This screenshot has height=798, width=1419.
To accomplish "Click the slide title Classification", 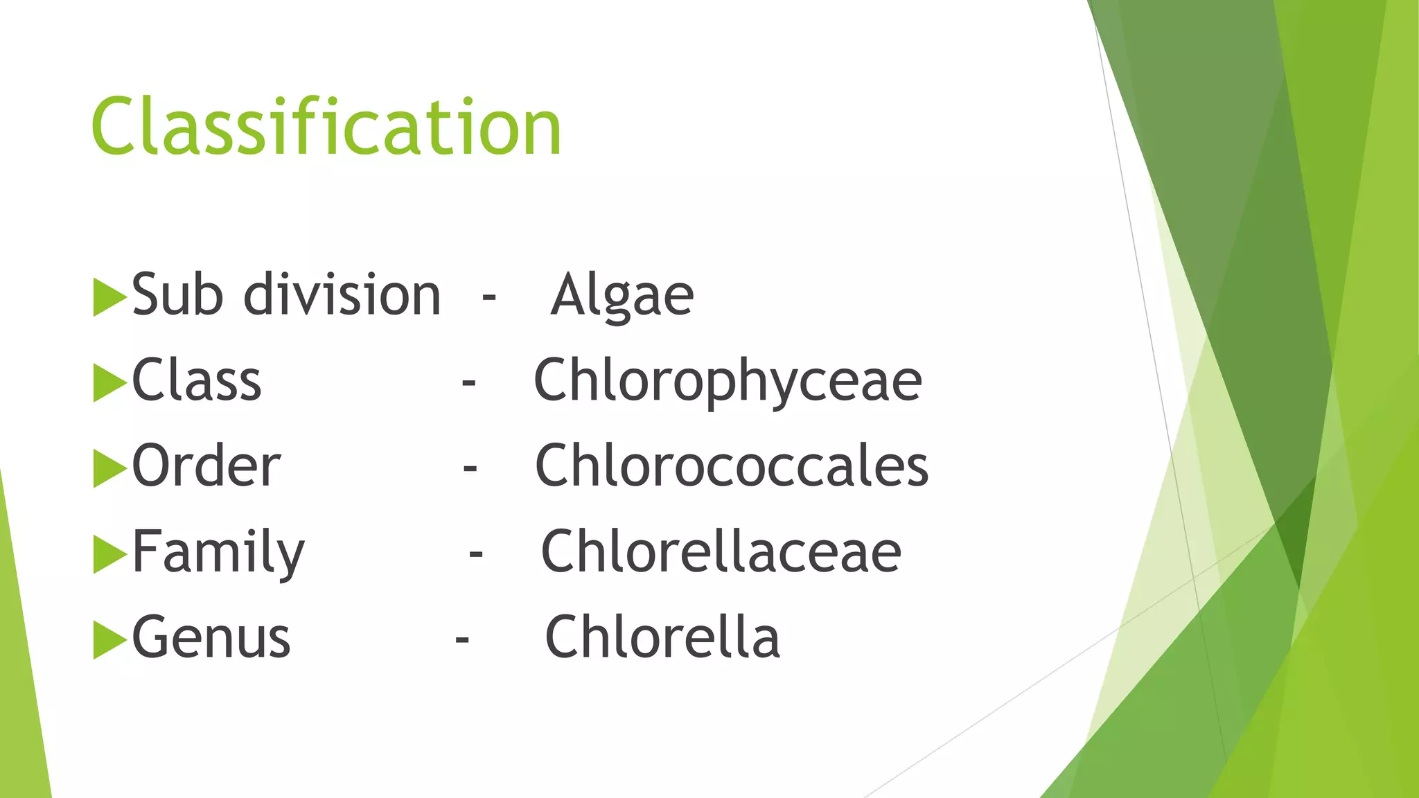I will pyautogui.click(x=326, y=127).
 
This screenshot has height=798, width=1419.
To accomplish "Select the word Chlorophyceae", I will pyautogui.click(x=728, y=381).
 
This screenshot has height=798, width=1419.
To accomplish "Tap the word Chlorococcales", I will pyautogui.click(x=732, y=466).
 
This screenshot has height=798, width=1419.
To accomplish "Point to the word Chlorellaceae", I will pyautogui.click(x=721, y=552).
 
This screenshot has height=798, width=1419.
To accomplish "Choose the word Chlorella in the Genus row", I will pyautogui.click(x=662, y=637).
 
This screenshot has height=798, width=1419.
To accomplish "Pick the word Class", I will pyautogui.click(x=197, y=381).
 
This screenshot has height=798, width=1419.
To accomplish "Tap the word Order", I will pyautogui.click(x=206, y=466).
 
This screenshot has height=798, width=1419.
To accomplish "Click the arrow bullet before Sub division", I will pyautogui.click(x=109, y=297).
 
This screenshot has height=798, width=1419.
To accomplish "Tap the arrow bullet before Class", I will pyautogui.click(x=109, y=382).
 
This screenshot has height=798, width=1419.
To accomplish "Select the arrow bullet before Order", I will pyautogui.click(x=109, y=468).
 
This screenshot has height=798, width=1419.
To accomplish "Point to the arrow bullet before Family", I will pyautogui.click(x=109, y=554).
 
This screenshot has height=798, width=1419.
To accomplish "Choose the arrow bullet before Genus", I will pyautogui.click(x=109, y=639).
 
